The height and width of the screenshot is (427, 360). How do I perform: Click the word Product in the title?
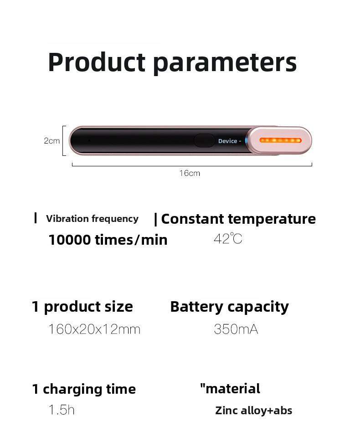[x=96, y=62]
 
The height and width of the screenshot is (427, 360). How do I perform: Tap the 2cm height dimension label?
[x=51, y=141]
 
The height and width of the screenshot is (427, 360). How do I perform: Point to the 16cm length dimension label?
[x=190, y=173]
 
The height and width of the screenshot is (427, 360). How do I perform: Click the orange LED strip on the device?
[x=280, y=140]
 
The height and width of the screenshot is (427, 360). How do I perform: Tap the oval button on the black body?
[x=204, y=140]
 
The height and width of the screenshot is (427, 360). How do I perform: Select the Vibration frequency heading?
[x=92, y=219]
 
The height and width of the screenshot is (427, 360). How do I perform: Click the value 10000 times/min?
[x=108, y=240]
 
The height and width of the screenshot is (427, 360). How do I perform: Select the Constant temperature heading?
[x=238, y=219]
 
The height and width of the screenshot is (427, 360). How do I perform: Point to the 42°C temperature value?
[x=228, y=238]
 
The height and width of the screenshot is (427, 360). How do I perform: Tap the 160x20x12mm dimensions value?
[x=94, y=329]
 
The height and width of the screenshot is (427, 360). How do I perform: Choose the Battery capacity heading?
[x=229, y=307]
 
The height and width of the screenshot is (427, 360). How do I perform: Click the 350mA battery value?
[x=236, y=329]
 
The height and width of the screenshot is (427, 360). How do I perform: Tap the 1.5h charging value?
[x=62, y=410]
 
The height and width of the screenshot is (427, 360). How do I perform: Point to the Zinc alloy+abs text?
[x=253, y=411]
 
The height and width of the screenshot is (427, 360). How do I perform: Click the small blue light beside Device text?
[x=246, y=140]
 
